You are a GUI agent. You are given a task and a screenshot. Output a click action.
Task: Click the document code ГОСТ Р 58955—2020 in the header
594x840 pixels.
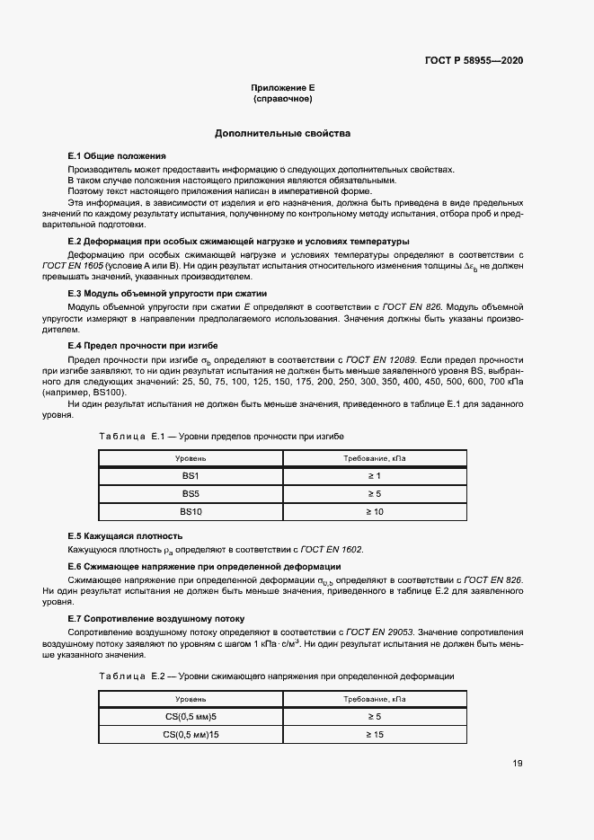(473, 60)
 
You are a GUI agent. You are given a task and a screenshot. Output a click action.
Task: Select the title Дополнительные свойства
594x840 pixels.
(282, 134)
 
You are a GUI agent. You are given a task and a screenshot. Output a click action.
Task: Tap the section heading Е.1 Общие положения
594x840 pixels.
(117, 156)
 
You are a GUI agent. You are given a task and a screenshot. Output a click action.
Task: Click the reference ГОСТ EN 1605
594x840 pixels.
(72, 267)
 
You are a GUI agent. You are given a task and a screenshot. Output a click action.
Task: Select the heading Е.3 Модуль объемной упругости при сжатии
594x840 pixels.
(167, 294)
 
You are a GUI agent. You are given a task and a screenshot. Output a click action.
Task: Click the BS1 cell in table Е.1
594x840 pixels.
(191, 476)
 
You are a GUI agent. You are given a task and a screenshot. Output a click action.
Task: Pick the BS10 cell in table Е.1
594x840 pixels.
(191, 512)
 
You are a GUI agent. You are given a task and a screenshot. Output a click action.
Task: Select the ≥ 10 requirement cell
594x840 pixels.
(374, 512)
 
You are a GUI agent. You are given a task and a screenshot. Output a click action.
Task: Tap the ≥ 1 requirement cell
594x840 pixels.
(374, 476)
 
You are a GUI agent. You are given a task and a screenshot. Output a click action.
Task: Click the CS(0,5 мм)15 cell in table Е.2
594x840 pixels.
(191, 735)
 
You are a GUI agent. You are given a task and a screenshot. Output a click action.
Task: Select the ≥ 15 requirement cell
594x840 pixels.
(374, 735)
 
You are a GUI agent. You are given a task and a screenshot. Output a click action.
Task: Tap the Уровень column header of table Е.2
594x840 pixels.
(191, 698)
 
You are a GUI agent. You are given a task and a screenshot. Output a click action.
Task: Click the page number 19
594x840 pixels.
(518, 764)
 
